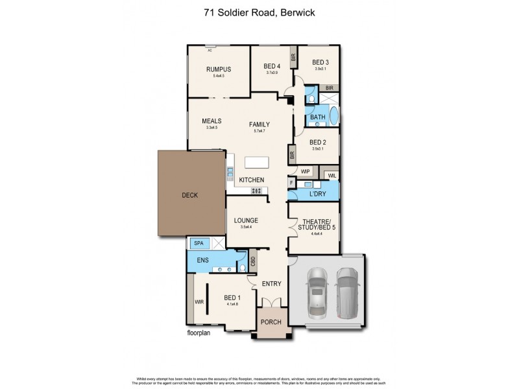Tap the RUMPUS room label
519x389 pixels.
(x=219, y=70)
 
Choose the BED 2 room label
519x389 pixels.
(x=317, y=142)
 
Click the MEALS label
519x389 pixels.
(x=211, y=121)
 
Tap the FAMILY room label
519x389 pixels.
(x=259, y=124)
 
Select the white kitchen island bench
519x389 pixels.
(x=258, y=162)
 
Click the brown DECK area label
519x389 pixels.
(x=190, y=195)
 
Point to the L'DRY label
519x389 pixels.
(x=317, y=194)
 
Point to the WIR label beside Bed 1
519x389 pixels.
(x=199, y=302)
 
